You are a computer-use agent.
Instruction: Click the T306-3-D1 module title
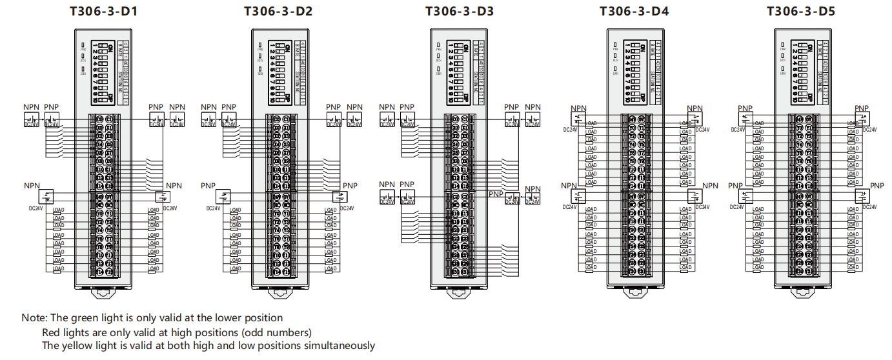[103, 12]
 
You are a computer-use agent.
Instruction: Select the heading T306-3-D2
[278, 12]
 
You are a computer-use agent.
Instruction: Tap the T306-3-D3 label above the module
[460, 12]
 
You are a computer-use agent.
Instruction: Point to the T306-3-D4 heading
[634, 12]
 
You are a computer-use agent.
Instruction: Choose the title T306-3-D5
[801, 12]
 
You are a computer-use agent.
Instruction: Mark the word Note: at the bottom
[34, 317]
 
